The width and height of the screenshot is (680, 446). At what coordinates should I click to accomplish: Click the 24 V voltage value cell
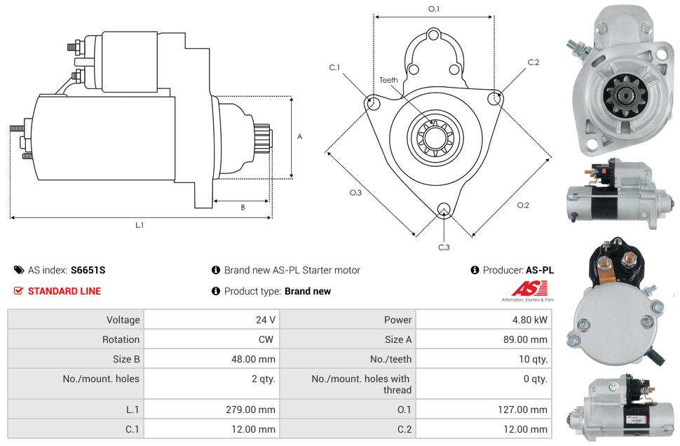click(265, 320)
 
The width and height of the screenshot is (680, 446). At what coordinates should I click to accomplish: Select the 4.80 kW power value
click(533, 320)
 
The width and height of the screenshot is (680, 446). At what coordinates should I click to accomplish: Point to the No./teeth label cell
click(390, 359)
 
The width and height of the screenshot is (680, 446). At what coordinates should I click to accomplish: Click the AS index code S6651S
click(88, 270)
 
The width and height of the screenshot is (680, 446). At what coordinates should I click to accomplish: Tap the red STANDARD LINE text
click(64, 291)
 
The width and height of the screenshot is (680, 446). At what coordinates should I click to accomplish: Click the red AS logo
click(525, 288)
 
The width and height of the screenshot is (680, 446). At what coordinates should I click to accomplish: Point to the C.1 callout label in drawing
click(334, 68)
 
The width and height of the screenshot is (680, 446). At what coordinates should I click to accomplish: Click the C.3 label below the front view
click(444, 247)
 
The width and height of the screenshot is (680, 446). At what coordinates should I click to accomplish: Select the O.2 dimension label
click(523, 205)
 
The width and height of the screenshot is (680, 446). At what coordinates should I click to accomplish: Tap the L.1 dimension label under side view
click(140, 225)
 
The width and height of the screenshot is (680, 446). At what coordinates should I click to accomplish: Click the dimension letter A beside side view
click(299, 137)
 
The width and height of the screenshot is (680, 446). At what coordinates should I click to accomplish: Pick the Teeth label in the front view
click(388, 80)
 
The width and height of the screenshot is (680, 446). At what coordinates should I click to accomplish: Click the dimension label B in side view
click(243, 207)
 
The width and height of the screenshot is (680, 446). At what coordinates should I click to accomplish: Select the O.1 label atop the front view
click(434, 9)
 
